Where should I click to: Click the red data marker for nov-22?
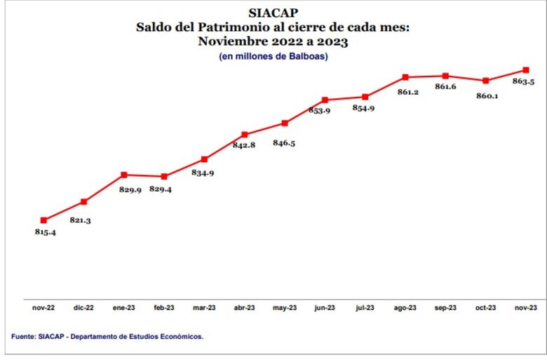(x=43, y=220)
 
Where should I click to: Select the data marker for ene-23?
(x=124, y=175)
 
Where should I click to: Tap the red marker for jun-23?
(x=325, y=100)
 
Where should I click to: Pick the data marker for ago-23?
(x=405, y=76)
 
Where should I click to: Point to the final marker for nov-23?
(x=525, y=69)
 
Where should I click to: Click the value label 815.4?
(x=45, y=232)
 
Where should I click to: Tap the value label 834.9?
(x=203, y=173)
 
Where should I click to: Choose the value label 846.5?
(x=284, y=142)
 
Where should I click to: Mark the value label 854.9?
(x=363, y=108)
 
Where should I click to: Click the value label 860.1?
(x=487, y=95)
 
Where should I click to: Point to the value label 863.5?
(x=524, y=82)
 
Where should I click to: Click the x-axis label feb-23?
(x=164, y=308)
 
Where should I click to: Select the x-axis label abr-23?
(x=244, y=308)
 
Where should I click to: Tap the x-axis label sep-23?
(x=445, y=308)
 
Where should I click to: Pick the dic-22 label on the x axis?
(x=83, y=308)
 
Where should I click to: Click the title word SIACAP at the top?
(x=273, y=13)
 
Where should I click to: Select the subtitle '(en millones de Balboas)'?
(x=273, y=56)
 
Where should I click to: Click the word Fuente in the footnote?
(x=25, y=337)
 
